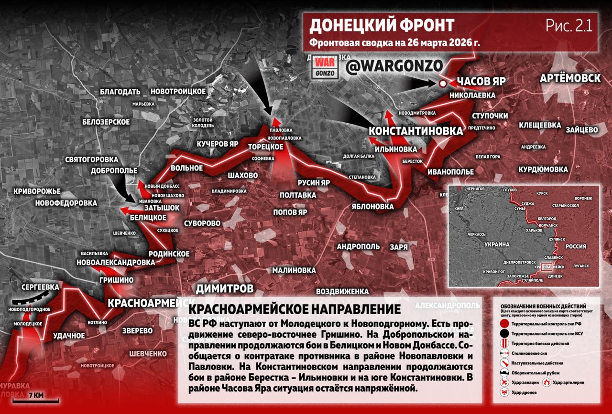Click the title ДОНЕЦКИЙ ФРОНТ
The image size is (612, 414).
(x=381, y=25)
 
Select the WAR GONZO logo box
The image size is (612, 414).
(x=323, y=69)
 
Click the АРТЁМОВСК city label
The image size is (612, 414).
(x=570, y=78)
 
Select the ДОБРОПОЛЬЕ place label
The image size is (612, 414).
(x=115, y=170)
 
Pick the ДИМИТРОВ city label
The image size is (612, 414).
(x=224, y=288)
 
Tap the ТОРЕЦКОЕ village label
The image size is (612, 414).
(x=266, y=147)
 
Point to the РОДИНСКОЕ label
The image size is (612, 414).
(x=169, y=254)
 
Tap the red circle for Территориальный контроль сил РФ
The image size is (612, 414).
(x=503, y=323)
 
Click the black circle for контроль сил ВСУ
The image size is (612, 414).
(x=503, y=333)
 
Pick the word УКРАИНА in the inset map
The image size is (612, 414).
(x=497, y=244)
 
